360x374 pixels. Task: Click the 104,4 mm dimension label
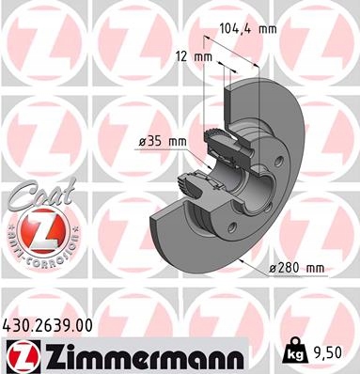click(x=248, y=29)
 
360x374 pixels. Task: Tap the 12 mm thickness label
click(x=194, y=57)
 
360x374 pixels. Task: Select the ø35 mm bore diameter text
click(x=163, y=142)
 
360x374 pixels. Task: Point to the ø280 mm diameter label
click(x=297, y=269)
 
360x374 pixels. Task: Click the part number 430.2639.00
click(x=48, y=325)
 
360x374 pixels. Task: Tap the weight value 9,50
click(x=327, y=353)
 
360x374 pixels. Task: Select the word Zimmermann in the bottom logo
click(x=143, y=356)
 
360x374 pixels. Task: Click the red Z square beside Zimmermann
click(x=23, y=356)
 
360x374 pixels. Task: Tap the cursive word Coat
click(x=41, y=195)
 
